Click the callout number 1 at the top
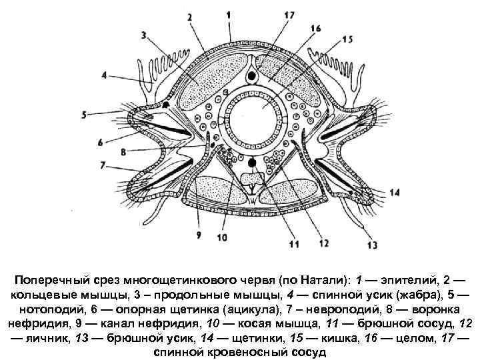(229, 14)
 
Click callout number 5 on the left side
(84, 115)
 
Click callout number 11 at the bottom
(294, 245)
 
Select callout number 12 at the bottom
(324, 243)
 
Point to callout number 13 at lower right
(373, 245)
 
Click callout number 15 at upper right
(348, 40)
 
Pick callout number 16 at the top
(315, 28)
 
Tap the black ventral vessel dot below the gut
(251, 163)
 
